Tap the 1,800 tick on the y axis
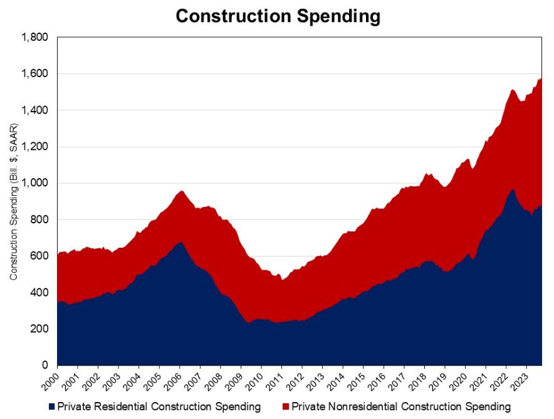coord(34,38)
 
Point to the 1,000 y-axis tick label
coord(34,183)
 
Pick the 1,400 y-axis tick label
coord(34,110)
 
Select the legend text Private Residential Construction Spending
coord(159,407)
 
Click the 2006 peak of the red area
coord(181,191)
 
